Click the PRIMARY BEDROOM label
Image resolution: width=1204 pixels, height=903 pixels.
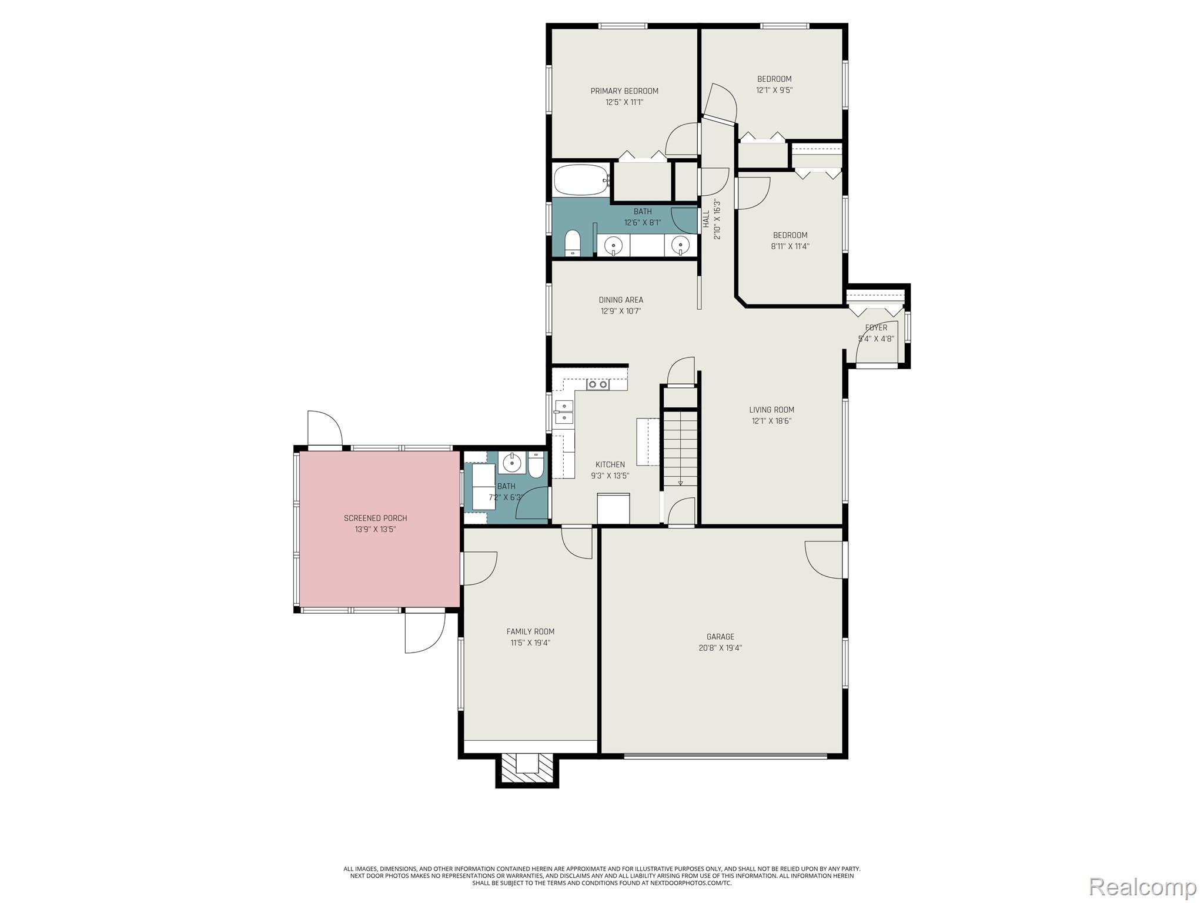(624, 91)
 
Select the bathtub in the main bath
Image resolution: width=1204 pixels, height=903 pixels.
(581, 180)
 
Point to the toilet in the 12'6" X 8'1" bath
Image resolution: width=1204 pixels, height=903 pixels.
(573, 243)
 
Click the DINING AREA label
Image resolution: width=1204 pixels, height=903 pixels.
(621, 300)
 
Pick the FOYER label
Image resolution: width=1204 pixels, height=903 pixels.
(876, 328)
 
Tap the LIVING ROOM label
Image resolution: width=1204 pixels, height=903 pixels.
(771, 410)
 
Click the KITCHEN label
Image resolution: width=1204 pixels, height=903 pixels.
(610, 464)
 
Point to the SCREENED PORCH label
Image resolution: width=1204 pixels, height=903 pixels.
(375, 518)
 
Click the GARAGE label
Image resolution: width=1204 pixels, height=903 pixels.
(720, 637)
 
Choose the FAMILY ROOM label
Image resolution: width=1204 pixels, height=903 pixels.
(530, 632)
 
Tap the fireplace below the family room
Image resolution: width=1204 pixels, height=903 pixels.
(527, 770)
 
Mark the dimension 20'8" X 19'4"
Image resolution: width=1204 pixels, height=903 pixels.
(720, 648)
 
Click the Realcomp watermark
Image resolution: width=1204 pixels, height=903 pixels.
(1143, 886)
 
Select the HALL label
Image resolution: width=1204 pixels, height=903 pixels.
(706, 219)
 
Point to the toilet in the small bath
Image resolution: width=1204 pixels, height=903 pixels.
(536, 465)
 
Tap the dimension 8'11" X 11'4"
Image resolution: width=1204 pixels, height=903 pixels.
(790, 246)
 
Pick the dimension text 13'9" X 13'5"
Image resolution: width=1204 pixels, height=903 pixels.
(375, 529)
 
